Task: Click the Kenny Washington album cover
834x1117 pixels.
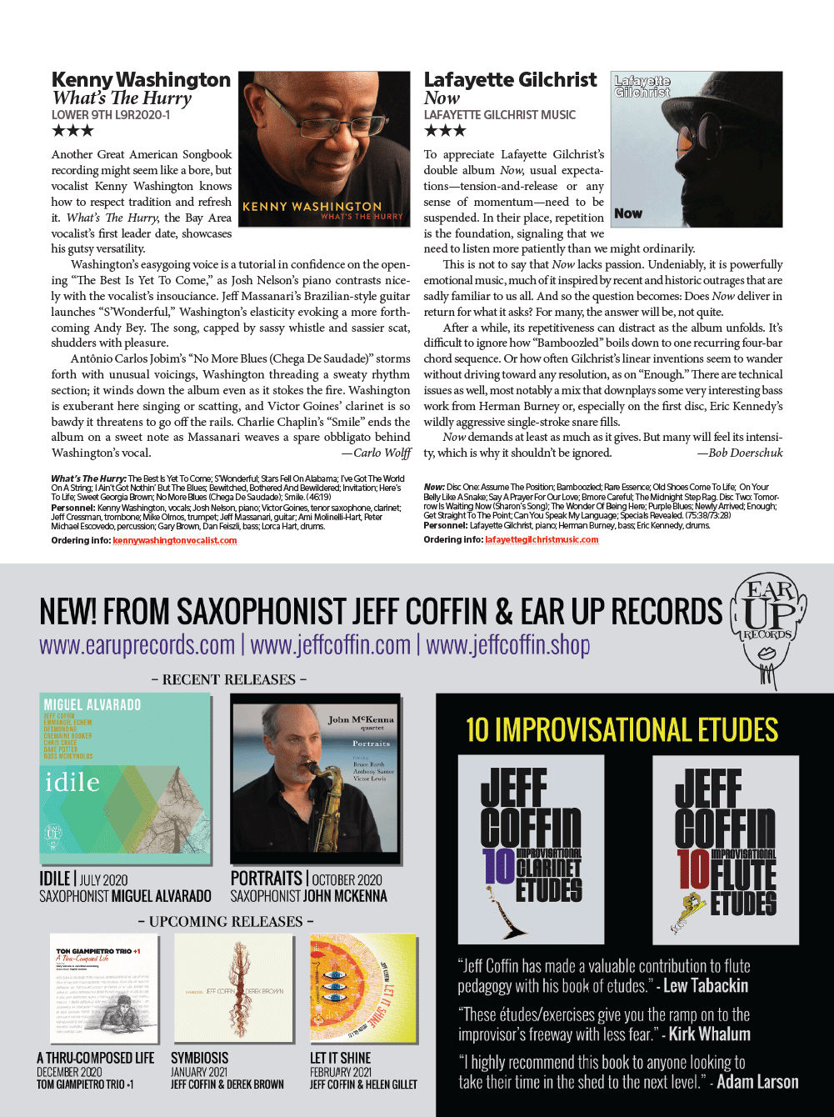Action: pos(324,148)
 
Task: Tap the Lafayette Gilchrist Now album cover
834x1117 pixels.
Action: pos(697,148)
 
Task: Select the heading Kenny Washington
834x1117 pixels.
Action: pos(141,80)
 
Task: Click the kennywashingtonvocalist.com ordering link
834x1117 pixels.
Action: pos(174,540)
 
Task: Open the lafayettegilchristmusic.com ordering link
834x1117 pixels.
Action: pos(542,539)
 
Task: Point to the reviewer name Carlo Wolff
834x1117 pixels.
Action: pos(382,453)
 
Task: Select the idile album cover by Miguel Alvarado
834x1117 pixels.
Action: pos(125,777)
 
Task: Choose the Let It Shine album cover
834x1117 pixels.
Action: pos(363,989)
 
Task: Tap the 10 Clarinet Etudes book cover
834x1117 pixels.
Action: pos(531,849)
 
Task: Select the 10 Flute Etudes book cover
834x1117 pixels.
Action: pos(726,849)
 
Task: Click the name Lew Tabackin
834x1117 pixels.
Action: pos(706,986)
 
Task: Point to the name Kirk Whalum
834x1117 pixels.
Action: pos(709,1034)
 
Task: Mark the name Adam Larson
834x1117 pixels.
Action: pos(757,1082)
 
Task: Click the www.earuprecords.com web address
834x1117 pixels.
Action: pos(137,645)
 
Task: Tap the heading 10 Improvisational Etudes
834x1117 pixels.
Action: pos(622,730)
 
